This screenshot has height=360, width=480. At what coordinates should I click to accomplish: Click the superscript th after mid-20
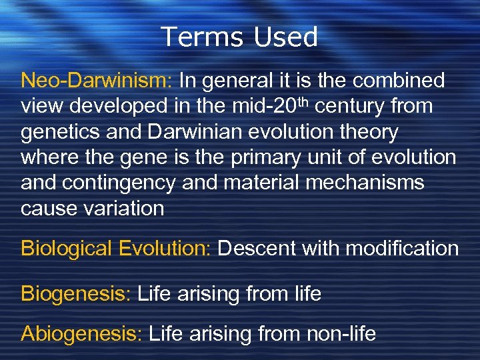[307, 101]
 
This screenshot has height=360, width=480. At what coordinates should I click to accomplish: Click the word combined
[399, 81]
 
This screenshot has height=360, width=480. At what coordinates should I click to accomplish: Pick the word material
[256, 183]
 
